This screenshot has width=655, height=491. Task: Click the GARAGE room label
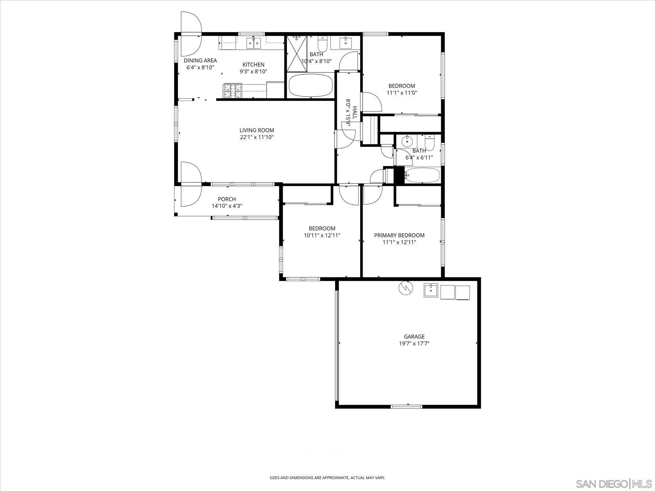414,336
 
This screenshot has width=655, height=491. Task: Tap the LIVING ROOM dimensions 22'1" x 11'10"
257,137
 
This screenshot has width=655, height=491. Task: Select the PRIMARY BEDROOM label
399,235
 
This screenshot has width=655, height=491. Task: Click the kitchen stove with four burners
233,91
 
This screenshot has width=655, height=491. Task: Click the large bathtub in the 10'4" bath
310,85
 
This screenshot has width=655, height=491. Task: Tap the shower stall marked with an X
297,53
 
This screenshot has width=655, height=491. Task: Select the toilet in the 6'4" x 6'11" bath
429,143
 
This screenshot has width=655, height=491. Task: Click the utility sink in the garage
431,290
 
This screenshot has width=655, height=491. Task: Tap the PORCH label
227,199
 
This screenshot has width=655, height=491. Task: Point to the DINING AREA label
200,61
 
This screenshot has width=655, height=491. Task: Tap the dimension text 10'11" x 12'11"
322,235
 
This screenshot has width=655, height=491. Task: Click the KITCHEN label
253,64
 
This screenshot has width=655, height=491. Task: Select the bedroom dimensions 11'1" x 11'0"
402,93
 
